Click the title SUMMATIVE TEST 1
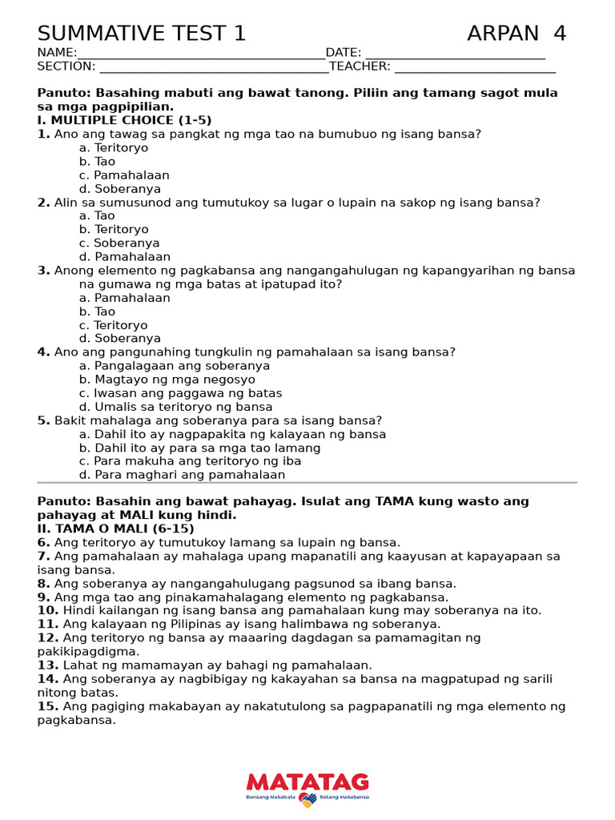click(x=142, y=34)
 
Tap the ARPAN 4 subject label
click(x=517, y=34)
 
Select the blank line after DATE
click(x=455, y=54)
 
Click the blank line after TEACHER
click(x=475, y=67)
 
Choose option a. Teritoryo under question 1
click(x=114, y=148)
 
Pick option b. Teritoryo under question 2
click(x=114, y=230)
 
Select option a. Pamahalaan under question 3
click(x=125, y=298)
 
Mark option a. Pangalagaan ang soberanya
click(x=175, y=366)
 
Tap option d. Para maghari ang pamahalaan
click(x=182, y=475)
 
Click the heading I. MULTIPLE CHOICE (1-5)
click(x=125, y=120)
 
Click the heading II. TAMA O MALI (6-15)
click(x=115, y=529)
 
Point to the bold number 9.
click(x=43, y=597)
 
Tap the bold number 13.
click(x=47, y=665)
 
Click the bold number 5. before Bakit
click(x=43, y=420)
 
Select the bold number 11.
click(x=47, y=625)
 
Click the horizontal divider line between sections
click(x=307, y=483)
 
